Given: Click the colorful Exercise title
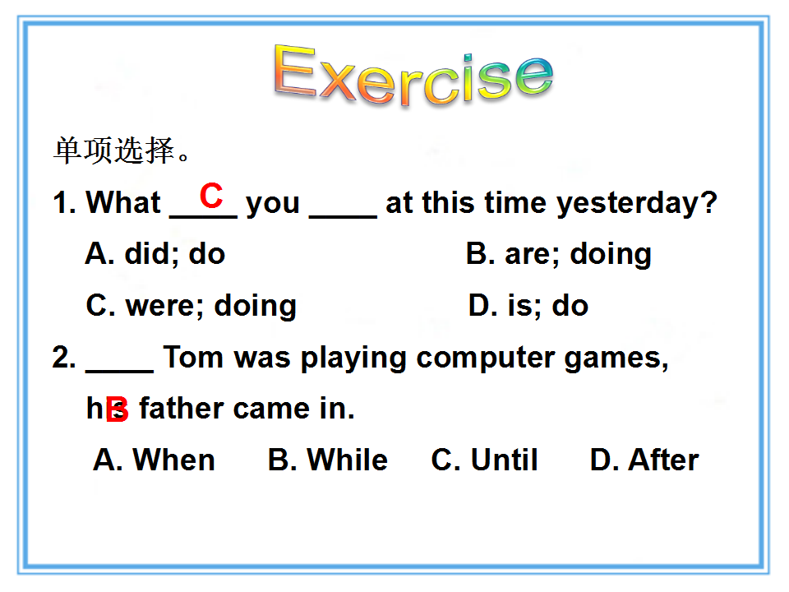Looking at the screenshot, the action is click(413, 75).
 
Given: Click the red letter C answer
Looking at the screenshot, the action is click(211, 196).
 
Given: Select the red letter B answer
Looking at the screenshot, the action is click(118, 409).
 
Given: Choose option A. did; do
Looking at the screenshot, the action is click(155, 253).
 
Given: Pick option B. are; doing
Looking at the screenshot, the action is click(559, 254).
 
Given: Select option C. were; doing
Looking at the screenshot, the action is click(191, 306).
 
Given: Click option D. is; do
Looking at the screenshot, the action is click(528, 306).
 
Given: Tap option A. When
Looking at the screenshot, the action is click(154, 460).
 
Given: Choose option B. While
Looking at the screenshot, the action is click(328, 460).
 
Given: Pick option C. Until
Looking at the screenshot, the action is click(485, 460).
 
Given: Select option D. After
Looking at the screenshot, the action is click(644, 460).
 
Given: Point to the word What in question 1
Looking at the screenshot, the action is click(123, 202).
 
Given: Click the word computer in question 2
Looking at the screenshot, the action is click(486, 358).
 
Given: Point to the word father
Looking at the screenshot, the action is click(182, 408).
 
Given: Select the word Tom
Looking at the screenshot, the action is click(193, 358).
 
